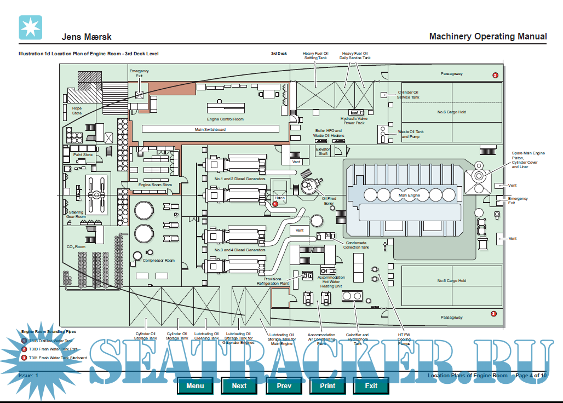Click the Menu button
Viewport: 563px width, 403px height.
195,385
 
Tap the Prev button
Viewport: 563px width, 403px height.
283,385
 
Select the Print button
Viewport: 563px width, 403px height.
328,385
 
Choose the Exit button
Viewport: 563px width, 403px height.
371,385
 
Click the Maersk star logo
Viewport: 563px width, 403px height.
30,27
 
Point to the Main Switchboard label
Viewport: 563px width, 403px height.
210,129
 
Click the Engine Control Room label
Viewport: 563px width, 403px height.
225,119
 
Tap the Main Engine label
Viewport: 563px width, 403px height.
409,195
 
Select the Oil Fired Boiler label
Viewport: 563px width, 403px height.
329,201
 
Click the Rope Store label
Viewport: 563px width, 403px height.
77,110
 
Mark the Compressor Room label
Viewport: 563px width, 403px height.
159,260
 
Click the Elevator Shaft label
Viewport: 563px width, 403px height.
323,151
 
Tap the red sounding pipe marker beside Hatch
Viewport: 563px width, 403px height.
275,203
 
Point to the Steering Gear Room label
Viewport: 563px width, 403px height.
76,214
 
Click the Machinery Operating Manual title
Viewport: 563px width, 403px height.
487,37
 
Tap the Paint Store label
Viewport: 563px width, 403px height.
83,155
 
